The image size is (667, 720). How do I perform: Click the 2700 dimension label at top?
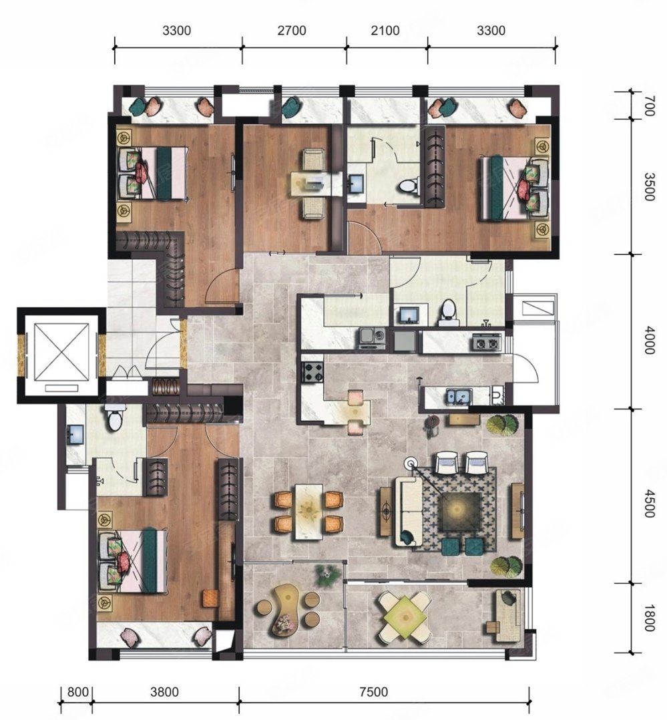292,31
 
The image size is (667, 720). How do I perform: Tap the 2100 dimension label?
385,31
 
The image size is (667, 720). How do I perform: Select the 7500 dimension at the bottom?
373,691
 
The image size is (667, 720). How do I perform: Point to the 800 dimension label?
77,691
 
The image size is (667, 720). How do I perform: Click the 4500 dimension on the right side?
648,504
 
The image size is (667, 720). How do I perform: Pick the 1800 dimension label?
648,618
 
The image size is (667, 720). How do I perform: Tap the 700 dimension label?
648,106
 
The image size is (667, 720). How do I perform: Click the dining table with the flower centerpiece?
308,512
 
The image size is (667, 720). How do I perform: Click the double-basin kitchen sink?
458,396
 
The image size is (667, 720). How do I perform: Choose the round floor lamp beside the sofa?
409,462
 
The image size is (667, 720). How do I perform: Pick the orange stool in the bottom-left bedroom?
211,598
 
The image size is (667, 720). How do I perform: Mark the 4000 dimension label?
648,340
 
